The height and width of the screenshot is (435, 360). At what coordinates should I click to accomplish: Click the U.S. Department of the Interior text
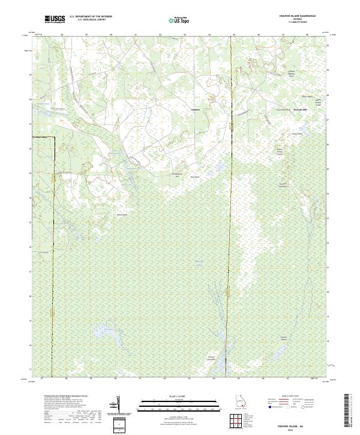pos(91,17)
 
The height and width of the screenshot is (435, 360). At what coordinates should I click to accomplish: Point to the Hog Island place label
pos(194,177)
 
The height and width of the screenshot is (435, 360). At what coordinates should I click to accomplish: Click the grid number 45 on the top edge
pos(233,35)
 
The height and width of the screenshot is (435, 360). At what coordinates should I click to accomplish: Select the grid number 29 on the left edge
pos(31,74)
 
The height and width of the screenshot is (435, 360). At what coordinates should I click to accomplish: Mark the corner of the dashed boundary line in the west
pos(52,137)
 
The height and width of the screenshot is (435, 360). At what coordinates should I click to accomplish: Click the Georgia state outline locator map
pos(241,402)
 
